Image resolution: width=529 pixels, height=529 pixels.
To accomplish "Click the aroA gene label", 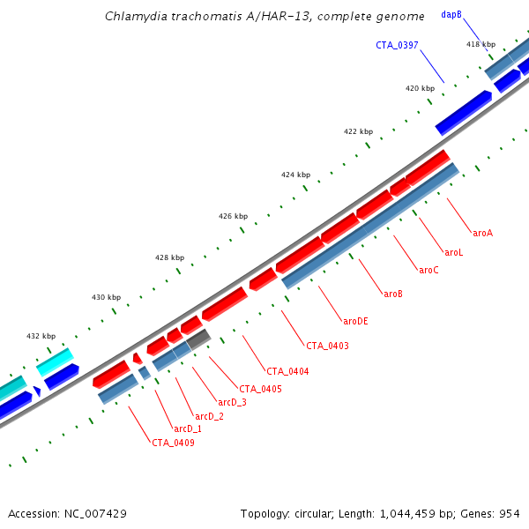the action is tap(482, 234).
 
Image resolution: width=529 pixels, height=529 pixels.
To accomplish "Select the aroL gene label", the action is tap(453, 252).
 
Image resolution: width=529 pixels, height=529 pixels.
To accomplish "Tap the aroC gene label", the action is tap(428, 270).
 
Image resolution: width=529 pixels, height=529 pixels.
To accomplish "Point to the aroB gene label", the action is tap(392, 294).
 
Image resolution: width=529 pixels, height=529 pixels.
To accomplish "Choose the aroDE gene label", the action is tap(355, 321).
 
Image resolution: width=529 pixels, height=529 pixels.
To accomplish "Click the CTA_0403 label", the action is tap(327, 346).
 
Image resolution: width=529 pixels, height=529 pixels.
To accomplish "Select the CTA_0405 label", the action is tap(260, 389).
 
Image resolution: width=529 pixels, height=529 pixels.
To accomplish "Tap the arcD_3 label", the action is tap(232, 402).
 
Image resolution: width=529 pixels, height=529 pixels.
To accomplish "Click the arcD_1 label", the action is tap(188, 428).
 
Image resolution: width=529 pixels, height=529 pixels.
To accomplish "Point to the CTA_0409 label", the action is tap(173, 443).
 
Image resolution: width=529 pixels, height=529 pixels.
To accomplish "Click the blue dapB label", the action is tap(451, 15).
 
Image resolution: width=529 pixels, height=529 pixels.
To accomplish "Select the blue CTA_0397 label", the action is tap(397, 45).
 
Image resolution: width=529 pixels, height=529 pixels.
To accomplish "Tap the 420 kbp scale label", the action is tap(420, 88).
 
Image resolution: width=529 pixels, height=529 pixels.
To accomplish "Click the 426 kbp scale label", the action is tap(233, 216).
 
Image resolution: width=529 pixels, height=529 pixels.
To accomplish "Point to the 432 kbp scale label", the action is tap(41, 336).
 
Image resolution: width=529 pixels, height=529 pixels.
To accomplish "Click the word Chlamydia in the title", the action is tap(132, 17).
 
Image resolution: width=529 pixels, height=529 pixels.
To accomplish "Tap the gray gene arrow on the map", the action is tap(197, 339).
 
